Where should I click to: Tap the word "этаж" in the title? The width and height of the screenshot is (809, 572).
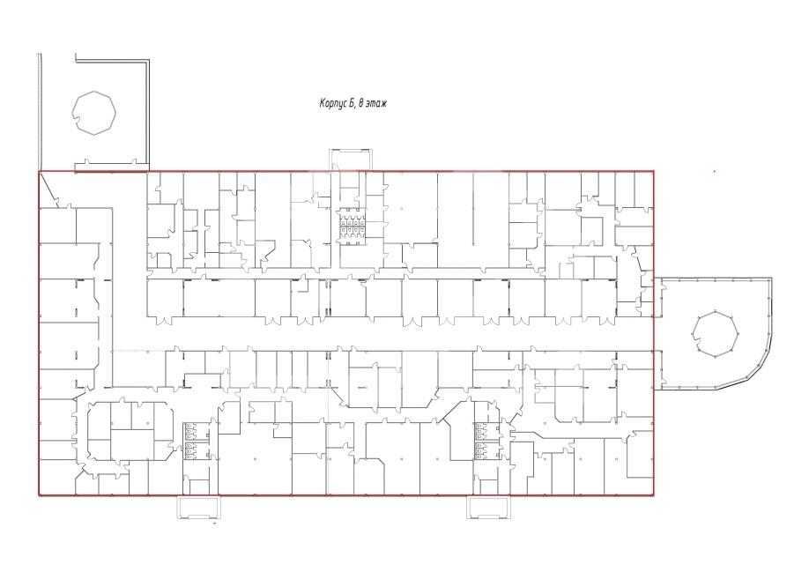coord(376,104)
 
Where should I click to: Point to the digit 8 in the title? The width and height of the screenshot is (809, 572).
coord(360,104)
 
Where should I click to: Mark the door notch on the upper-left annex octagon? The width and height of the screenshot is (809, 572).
coord(78,123)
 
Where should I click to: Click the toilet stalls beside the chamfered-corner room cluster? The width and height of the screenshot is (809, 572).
coord(190,440)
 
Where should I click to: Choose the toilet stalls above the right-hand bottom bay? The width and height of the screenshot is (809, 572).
coord(481,440)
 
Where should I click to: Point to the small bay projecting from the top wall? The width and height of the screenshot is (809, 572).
coord(352,159)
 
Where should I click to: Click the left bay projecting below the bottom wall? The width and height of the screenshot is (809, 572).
coord(198,507)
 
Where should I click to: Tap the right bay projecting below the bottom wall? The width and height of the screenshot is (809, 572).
coord(488,507)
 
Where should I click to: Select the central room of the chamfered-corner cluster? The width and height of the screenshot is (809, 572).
coord(132,444)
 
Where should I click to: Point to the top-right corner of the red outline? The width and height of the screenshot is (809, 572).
coord(654,171)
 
